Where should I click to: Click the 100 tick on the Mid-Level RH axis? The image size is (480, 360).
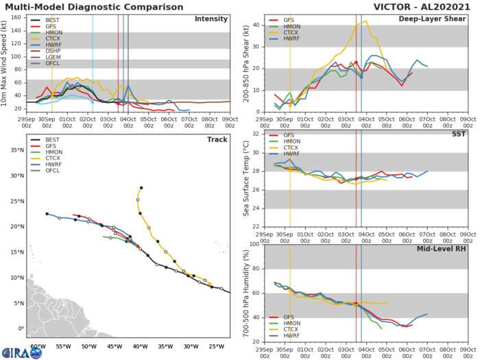pos(253,244)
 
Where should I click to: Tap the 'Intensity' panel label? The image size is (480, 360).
pos(211,19)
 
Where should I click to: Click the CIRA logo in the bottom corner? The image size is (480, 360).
pos(23,351)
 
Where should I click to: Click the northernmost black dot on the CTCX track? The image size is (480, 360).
pos(141,187)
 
